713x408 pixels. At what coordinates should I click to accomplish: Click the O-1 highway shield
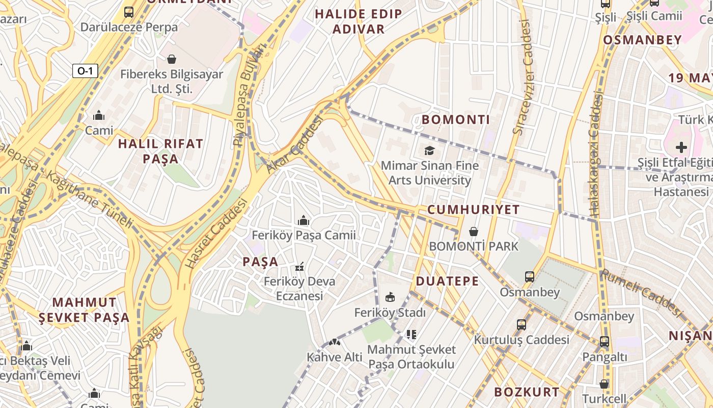[85, 71]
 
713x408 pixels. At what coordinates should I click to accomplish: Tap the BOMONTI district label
[456, 120]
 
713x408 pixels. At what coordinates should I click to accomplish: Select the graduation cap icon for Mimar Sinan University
[430, 151]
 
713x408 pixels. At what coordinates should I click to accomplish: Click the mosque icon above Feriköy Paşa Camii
[304, 220]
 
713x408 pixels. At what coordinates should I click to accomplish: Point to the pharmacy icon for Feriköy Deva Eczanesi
[299, 267]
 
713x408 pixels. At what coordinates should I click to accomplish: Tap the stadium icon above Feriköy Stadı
[390, 297]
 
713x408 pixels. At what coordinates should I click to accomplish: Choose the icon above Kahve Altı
[335, 342]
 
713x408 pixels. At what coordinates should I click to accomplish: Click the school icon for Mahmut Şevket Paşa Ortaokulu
[412, 335]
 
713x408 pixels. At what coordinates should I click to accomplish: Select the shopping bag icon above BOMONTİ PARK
[474, 232]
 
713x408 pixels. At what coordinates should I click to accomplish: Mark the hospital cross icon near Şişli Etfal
[681, 148]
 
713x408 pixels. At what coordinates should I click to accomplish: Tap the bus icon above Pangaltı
[604, 342]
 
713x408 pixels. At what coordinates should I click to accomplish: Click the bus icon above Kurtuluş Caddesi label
[522, 325]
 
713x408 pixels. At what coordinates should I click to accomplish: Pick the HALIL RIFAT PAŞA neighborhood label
[160, 151]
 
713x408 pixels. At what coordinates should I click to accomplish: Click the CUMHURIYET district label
[474, 210]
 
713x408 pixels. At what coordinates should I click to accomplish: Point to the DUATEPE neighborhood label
[447, 281]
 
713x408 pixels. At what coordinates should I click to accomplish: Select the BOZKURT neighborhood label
[527, 392]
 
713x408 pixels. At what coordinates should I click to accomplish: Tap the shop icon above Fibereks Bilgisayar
[172, 59]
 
